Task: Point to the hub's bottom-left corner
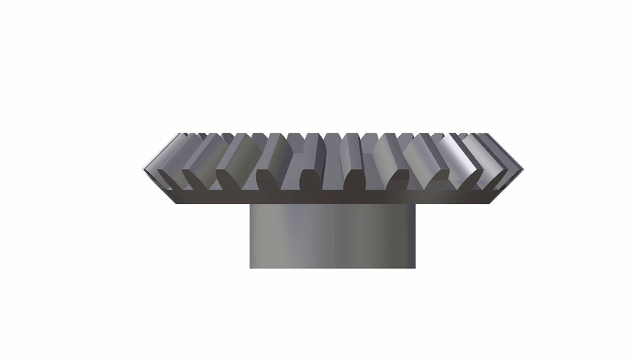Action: coord(250,268)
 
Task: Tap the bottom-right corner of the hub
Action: coord(415,268)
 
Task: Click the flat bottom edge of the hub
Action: coord(332,268)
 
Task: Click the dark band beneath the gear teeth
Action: coord(332,197)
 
